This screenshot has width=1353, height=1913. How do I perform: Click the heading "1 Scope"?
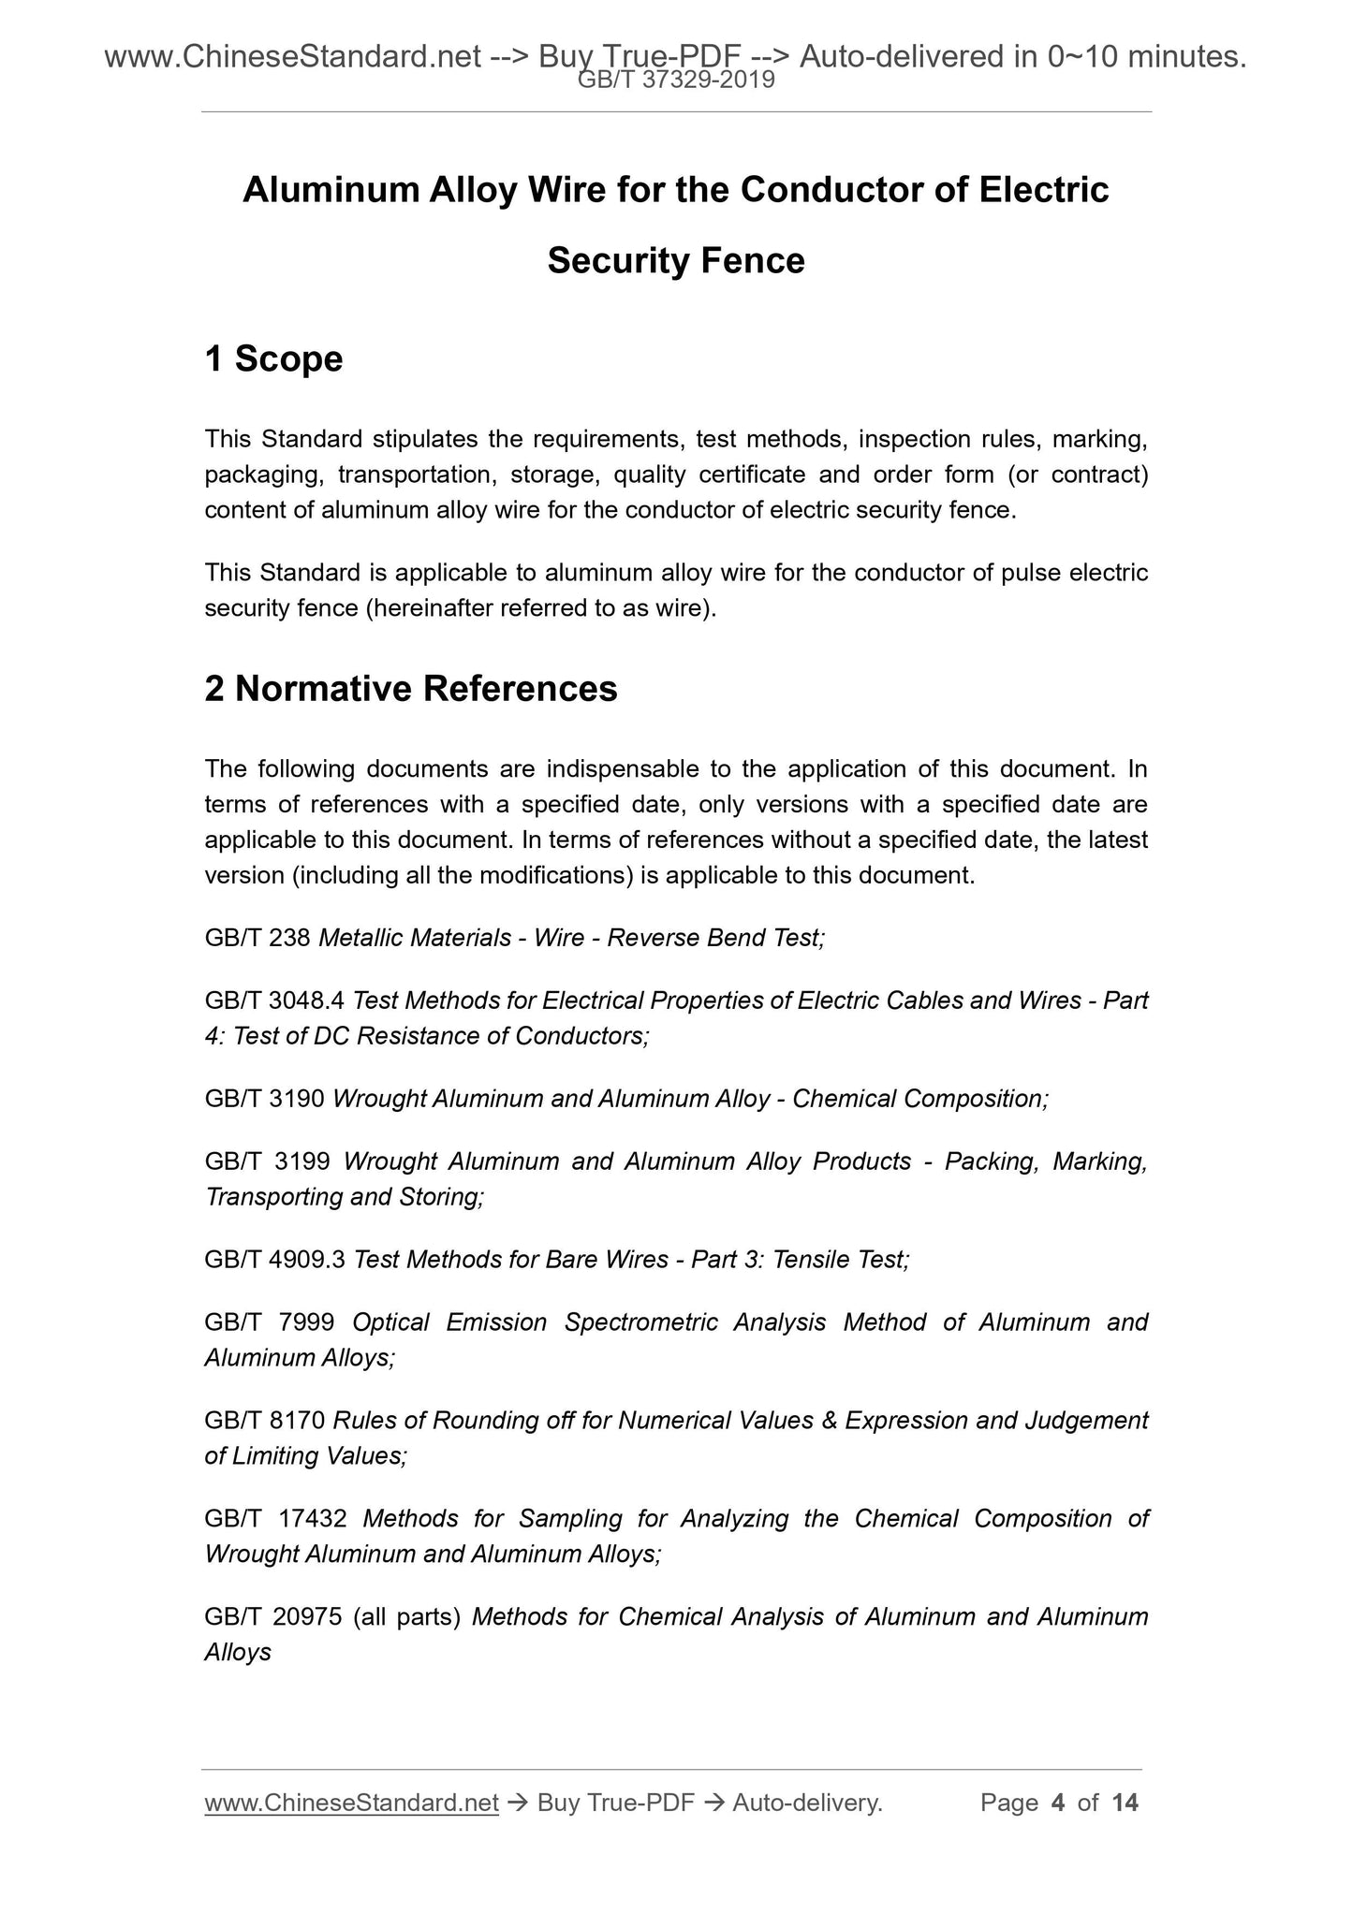tap(273, 359)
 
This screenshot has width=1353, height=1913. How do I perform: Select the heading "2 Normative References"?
tap(410, 689)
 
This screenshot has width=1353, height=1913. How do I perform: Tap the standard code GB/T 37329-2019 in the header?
tap(676, 80)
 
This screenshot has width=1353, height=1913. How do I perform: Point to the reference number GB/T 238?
tap(257, 938)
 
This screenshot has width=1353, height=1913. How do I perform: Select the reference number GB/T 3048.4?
tap(275, 1000)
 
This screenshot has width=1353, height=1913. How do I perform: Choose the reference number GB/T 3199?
tap(267, 1161)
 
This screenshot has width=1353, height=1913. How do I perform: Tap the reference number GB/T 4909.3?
tap(275, 1260)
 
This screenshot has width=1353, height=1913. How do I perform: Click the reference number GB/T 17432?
tap(274, 1518)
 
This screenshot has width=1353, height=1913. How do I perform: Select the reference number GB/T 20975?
tap(273, 1616)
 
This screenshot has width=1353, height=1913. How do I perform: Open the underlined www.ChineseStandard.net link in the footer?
tap(351, 1803)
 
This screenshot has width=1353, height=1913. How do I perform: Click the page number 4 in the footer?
tap(1058, 1803)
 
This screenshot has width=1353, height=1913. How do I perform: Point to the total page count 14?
tap(1125, 1803)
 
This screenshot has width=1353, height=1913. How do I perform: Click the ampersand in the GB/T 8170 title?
tap(829, 1421)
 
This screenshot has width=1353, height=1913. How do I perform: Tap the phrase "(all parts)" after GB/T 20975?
tap(407, 1616)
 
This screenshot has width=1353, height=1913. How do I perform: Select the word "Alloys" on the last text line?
tap(238, 1652)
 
